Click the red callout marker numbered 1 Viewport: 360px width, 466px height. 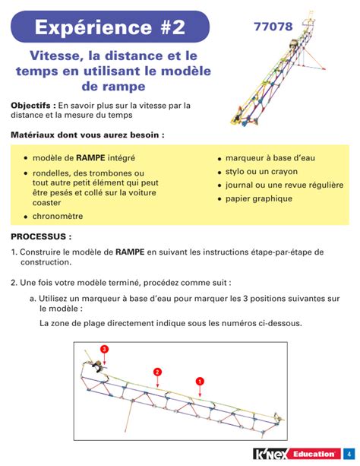[200, 380]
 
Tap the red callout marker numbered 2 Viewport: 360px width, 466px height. [157, 372]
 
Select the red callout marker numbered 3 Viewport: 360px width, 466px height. [105, 349]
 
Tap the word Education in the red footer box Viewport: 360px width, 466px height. [314, 455]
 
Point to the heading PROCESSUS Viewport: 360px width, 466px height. [41, 237]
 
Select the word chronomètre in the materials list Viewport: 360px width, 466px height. [58, 216]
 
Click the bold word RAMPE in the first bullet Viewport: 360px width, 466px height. [90, 158]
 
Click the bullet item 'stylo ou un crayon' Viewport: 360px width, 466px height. [263, 171]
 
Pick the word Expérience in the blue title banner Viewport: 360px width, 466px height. [83, 27]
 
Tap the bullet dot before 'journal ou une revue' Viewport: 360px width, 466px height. [219, 186]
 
